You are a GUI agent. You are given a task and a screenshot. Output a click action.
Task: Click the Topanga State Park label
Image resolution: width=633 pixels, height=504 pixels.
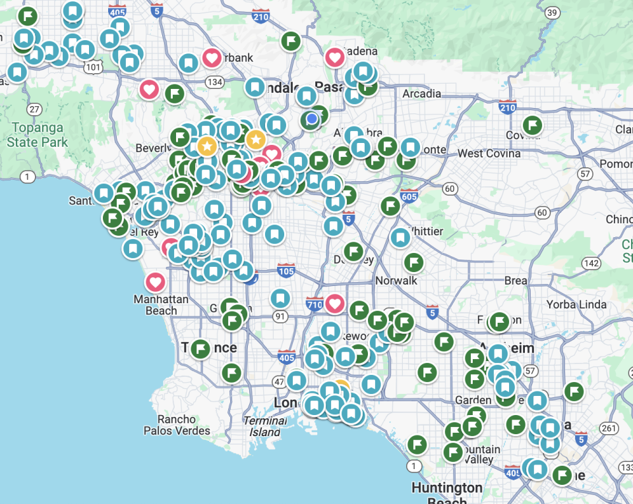pyautogui.click(x=37, y=134)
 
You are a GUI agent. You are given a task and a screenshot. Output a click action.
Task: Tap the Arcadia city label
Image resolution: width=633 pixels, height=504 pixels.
pyautogui.click(x=421, y=94)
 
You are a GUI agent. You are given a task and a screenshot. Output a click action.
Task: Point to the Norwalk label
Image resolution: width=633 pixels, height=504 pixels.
pyautogui.click(x=396, y=281)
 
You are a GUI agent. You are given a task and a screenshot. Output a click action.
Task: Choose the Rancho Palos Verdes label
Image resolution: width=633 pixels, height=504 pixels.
pyautogui.click(x=177, y=425)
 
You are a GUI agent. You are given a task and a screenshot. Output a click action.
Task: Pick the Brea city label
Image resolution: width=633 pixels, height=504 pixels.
pyautogui.click(x=516, y=281)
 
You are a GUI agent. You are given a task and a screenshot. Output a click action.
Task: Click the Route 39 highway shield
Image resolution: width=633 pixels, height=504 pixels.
pyautogui.click(x=553, y=13)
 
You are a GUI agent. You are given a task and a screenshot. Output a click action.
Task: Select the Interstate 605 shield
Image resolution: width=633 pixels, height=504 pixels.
pyautogui.click(x=409, y=196)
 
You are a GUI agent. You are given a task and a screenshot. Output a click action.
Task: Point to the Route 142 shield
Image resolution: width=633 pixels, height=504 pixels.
pyautogui.click(x=591, y=264)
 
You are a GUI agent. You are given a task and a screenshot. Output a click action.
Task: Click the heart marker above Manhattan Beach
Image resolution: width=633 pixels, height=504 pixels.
pyautogui.click(x=155, y=282)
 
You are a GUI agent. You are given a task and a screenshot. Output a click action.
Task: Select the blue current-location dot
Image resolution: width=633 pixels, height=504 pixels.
pyautogui.click(x=312, y=119)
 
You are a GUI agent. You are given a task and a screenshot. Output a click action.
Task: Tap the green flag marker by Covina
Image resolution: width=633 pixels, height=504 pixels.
pyautogui.click(x=532, y=125)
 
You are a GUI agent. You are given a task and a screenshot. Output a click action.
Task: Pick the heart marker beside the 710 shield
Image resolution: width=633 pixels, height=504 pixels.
pyautogui.click(x=334, y=304)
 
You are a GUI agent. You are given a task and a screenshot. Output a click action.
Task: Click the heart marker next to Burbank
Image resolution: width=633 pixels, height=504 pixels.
pyautogui.click(x=211, y=58)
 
